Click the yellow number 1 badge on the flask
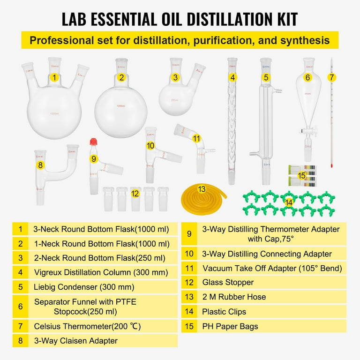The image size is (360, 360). click(55, 78)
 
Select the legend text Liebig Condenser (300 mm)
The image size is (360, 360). click(84, 287)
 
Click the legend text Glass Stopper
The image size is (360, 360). click(227, 282)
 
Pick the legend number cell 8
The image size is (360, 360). click(20, 341)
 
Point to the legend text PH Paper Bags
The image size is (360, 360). click(230, 326)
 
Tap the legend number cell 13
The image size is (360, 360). click(189, 297)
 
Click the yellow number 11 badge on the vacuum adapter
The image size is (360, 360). click(196, 138)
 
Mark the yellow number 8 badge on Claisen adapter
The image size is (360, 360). click(41, 165)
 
